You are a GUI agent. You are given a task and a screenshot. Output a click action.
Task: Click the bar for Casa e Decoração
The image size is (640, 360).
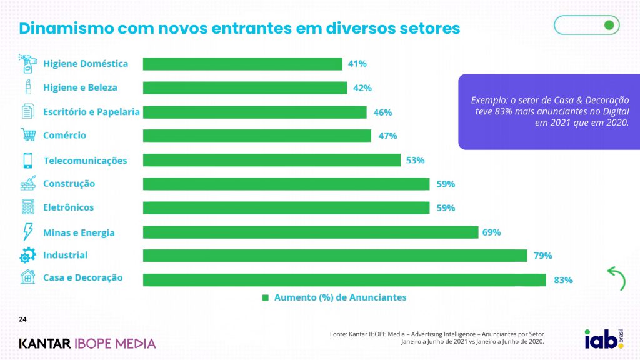pos(344,279)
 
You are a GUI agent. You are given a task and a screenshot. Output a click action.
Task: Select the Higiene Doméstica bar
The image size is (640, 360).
pos(242,64)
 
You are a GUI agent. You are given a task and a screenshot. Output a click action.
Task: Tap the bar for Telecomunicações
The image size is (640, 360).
pos(272,161)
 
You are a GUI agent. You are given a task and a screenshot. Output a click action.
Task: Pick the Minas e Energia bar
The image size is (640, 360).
pos(311,232)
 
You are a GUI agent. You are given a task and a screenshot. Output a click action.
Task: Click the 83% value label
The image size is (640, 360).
pos(563,280)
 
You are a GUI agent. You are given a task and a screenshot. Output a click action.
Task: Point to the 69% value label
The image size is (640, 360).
pos(491,232)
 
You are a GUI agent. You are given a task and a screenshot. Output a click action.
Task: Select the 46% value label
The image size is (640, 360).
pos(382,112)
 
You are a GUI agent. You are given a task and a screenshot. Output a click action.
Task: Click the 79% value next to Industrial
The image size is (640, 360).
pos(543,256)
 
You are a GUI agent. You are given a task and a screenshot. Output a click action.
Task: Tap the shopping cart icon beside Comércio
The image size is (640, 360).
pos(28,135)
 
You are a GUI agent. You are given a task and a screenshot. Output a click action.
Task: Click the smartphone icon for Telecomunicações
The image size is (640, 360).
pos(28,161)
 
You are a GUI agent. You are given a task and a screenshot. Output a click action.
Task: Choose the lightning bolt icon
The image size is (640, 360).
pos(28,232)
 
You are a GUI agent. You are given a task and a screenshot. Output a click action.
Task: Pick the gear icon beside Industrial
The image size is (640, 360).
pos(28,256)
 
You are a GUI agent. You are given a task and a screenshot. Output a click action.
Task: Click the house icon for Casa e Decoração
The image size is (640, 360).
pos(28,278)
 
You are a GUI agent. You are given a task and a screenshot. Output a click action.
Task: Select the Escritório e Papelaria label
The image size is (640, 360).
pos(91,112)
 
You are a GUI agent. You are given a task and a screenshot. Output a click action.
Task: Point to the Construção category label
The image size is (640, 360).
pos(69,184)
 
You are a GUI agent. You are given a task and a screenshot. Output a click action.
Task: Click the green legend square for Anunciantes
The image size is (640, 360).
pos(265,297)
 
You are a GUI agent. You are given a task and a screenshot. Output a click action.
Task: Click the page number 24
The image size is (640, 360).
pos(22,320)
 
